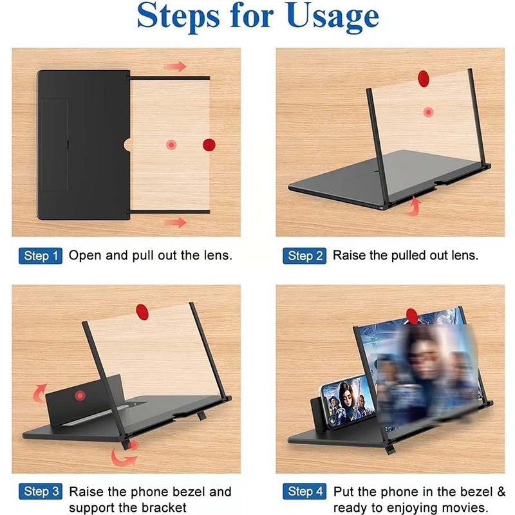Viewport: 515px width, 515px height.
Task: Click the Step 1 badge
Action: coord(41,256)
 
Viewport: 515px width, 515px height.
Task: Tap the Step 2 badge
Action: coord(304,256)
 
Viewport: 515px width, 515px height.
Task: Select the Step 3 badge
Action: coord(41,492)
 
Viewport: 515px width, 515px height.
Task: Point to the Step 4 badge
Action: coord(304,492)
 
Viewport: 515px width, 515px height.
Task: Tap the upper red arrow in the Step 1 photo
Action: coord(174,66)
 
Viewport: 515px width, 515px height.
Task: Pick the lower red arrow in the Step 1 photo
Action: coord(174,222)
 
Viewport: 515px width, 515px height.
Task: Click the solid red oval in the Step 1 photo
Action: coord(209,144)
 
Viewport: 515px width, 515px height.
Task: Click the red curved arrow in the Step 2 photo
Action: coord(415,205)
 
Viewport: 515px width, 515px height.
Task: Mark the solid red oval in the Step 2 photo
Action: coord(423,79)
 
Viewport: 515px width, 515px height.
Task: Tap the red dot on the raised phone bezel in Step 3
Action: coord(80,395)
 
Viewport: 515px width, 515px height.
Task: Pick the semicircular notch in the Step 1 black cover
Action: coord(127,144)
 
